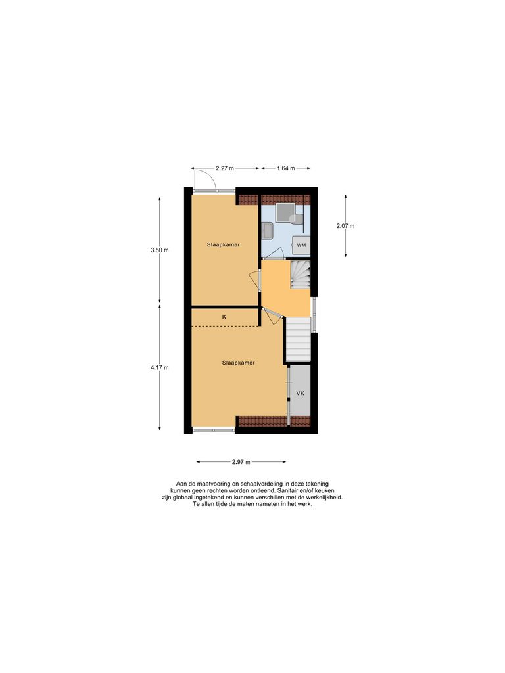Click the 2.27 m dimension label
click(224, 168)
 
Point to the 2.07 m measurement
click(345, 226)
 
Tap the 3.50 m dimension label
click(160, 250)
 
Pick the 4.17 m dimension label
click(160, 367)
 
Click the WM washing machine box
click(301, 245)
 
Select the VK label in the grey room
click(300, 393)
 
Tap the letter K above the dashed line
click(224, 317)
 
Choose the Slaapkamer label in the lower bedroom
click(238, 362)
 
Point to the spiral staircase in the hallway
click(299, 274)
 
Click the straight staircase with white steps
click(297, 339)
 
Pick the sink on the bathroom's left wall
click(266, 231)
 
